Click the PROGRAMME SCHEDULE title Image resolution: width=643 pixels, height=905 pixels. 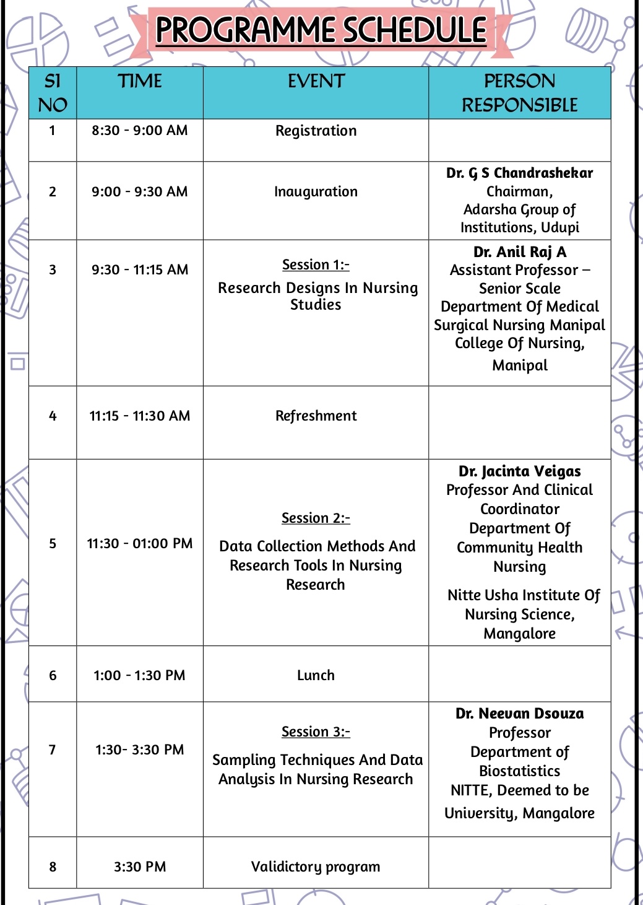pyautogui.click(x=321, y=29)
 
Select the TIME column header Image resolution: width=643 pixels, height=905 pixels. pyautogui.click(x=140, y=81)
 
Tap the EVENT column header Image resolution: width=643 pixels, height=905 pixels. pyautogui.click(x=316, y=81)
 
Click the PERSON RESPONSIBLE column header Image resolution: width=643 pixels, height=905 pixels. pyautogui.click(x=519, y=93)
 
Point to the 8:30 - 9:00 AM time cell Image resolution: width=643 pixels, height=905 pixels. pyautogui.click(x=140, y=131)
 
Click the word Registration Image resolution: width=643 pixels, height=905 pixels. pyautogui.click(x=316, y=131)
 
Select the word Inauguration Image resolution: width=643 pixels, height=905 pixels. pyautogui.click(x=316, y=192)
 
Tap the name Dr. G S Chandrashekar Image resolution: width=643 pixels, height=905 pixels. pyautogui.click(x=519, y=173)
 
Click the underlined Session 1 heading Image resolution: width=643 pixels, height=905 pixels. pyautogui.click(x=316, y=265)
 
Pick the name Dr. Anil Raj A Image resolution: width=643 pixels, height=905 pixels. pyautogui.click(x=519, y=251)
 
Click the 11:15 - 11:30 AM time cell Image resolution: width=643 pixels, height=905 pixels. pyautogui.click(x=140, y=416)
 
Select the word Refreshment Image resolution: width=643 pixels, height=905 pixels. pyautogui.click(x=316, y=416)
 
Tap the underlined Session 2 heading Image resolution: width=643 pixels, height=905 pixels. pyautogui.click(x=316, y=518)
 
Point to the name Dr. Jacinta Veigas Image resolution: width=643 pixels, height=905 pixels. pyautogui.click(x=519, y=471)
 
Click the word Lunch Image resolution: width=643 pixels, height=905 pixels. pyautogui.click(x=316, y=675)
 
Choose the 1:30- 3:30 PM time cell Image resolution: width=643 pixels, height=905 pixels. pyautogui.click(x=140, y=750)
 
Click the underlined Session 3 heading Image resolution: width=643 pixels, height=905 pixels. pyautogui.click(x=316, y=732)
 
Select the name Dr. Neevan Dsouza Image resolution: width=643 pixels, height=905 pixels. pyautogui.click(x=519, y=714)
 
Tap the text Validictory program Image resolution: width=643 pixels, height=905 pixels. pyautogui.click(x=316, y=867)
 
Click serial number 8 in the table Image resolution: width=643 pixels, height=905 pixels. pyautogui.click(x=53, y=867)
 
